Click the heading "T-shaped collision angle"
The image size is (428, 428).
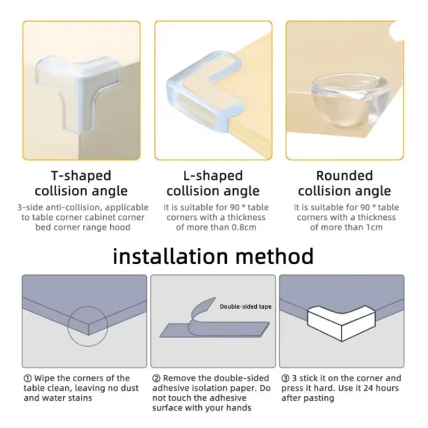81,183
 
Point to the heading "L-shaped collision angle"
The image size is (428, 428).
212,183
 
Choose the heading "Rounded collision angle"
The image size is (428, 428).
344,183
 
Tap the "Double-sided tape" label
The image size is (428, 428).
246,307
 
